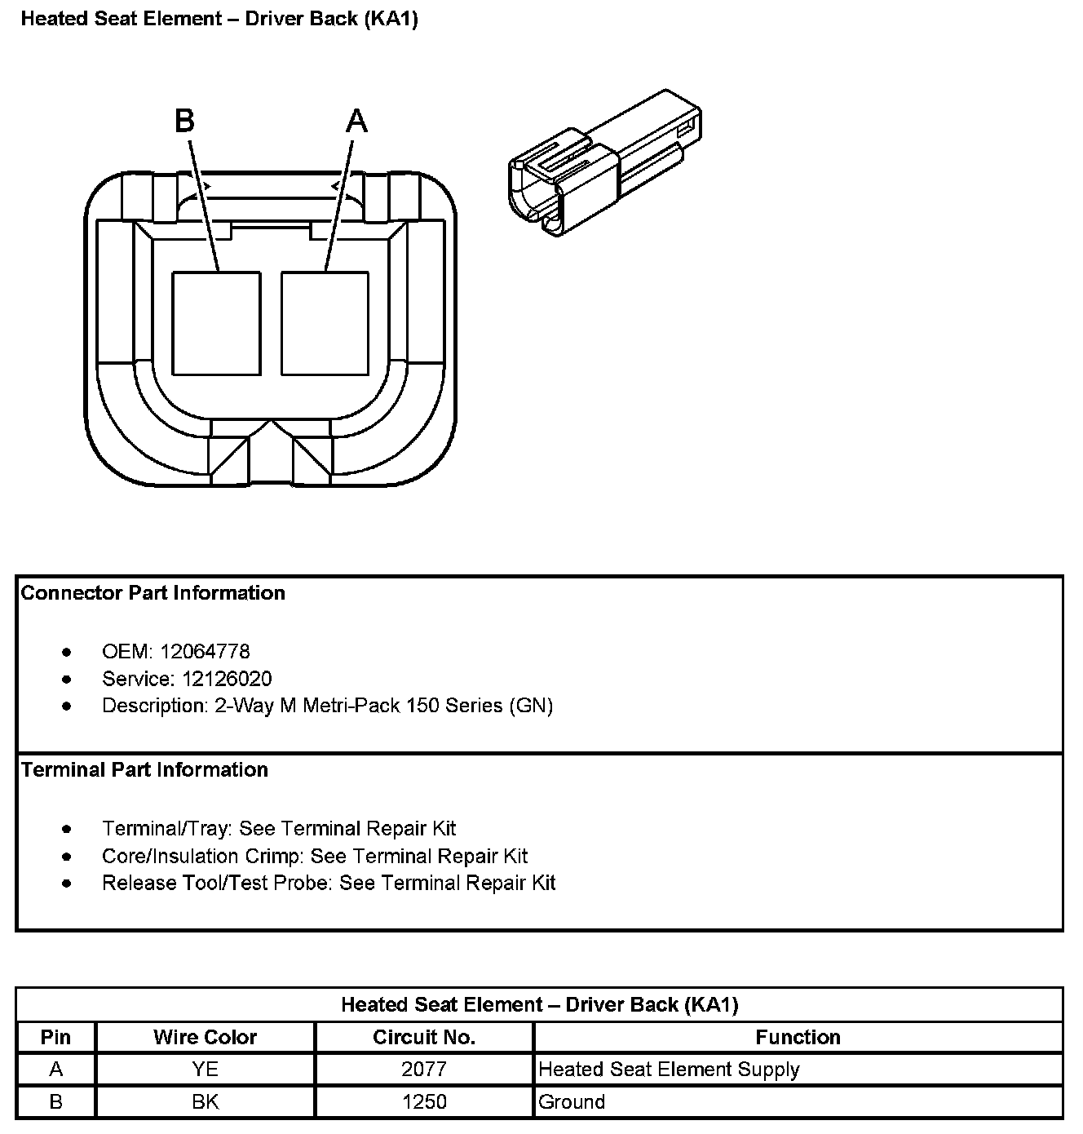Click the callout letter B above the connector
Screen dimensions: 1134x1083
(184, 121)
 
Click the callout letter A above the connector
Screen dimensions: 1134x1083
(356, 121)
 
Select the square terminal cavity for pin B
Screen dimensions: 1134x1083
(216, 323)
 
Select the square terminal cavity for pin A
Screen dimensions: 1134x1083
(325, 323)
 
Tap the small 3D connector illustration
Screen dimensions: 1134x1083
(604, 163)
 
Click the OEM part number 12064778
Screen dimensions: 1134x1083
(205, 652)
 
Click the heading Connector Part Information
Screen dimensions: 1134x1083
(153, 593)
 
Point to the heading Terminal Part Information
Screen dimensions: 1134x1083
(144, 770)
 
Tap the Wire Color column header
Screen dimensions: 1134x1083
(205, 1037)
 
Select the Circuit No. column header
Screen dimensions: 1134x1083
(424, 1037)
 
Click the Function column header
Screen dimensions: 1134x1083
(798, 1037)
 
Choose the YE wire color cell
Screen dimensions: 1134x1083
(205, 1070)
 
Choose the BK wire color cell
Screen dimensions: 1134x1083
(205, 1102)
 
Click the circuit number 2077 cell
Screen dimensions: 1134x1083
(424, 1070)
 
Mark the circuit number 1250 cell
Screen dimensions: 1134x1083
(424, 1102)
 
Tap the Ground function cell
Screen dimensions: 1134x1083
(572, 1102)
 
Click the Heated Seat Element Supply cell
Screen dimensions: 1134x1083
(669, 1070)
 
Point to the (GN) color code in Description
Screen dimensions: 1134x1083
(531, 706)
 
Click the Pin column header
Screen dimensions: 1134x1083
(55, 1037)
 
